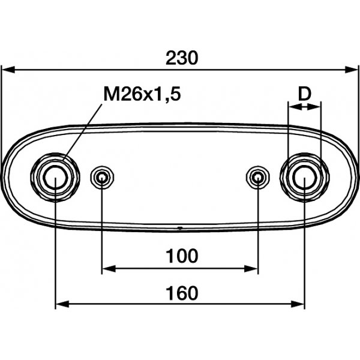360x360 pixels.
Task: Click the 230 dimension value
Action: pyautogui.click(x=182, y=58)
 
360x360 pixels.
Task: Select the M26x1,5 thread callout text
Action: pyautogui.click(x=142, y=94)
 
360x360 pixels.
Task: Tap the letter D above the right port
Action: pyautogui.click(x=304, y=94)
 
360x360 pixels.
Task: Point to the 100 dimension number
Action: pyautogui.click(x=182, y=256)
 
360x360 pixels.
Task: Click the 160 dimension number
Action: pyautogui.click(x=182, y=293)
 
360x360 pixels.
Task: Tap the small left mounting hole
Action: pyautogui.click(x=102, y=177)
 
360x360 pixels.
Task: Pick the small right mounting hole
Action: pyautogui.click(x=258, y=177)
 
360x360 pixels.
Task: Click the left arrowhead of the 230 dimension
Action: pyautogui.click(x=8, y=70)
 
